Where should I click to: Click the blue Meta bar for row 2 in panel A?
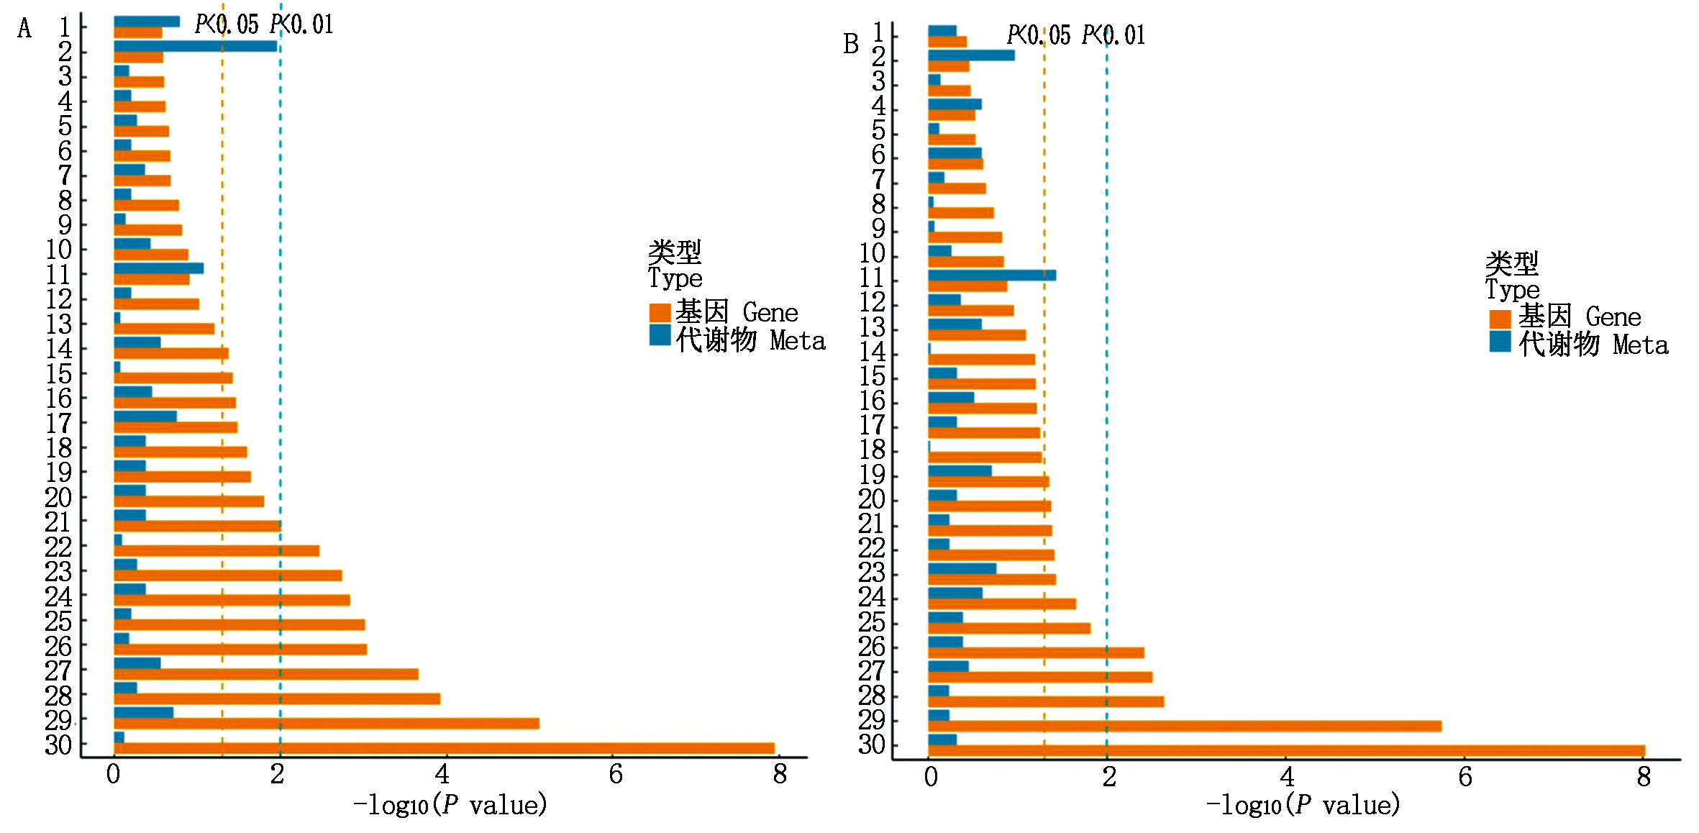point(195,46)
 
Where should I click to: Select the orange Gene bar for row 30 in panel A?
point(444,748)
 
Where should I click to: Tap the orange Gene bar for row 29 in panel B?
point(1184,726)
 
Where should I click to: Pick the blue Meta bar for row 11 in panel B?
point(991,275)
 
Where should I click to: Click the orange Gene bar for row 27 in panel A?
point(266,674)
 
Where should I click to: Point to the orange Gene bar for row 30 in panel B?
point(1286,750)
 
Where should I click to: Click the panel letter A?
point(24,29)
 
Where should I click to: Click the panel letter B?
point(851,45)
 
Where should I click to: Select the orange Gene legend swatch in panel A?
point(660,312)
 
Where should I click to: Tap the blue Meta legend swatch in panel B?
point(1500,342)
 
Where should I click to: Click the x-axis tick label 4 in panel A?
point(442,775)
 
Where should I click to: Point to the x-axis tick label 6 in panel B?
point(1465,777)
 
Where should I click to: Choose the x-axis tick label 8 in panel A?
point(780,775)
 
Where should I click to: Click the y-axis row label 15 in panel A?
point(59,374)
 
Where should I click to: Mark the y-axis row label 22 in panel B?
point(872,549)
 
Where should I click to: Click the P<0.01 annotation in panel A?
point(302,25)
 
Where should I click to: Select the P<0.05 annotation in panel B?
point(1038,35)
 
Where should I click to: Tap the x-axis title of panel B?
point(1303,805)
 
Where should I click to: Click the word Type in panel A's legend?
point(675,278)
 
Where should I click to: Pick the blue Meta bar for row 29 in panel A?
point(143,712)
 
